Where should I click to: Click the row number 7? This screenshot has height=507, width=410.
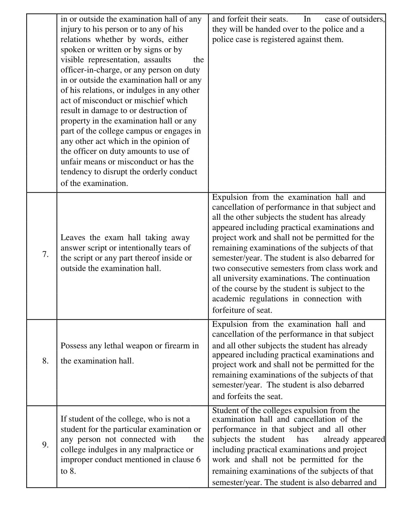point(45,254)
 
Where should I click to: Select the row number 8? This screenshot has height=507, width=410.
point(45,361)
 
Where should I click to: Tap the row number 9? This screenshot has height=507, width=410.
point(45,445)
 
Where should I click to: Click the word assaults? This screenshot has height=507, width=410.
point(157,60)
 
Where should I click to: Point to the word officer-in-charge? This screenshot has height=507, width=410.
point(91,70)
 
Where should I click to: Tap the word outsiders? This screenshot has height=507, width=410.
point(368,19)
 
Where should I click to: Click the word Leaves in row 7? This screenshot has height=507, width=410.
point(73,238)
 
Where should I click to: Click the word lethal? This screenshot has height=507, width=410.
point(114,346)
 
